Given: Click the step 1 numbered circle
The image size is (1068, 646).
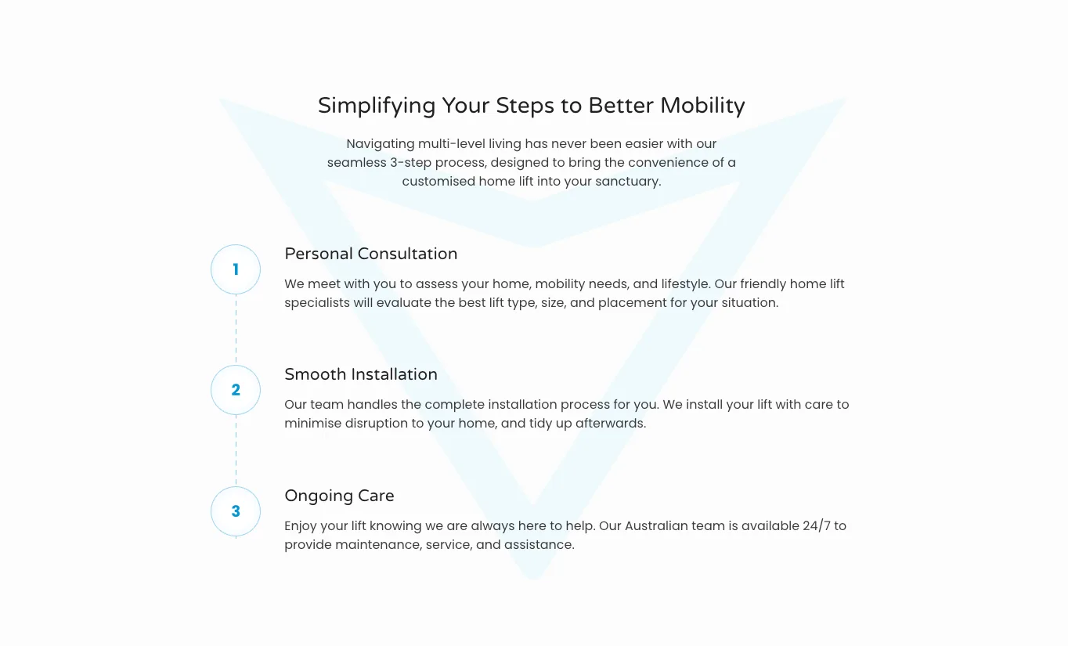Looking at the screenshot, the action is (236, 269).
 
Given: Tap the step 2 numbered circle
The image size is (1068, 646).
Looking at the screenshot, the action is (236, 390).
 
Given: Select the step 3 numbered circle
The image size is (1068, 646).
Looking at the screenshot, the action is (236, 511).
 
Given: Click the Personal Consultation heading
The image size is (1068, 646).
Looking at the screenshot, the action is (371, 254).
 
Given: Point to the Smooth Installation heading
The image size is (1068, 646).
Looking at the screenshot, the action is (361, 375).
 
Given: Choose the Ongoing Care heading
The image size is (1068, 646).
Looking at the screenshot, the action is (340, 496).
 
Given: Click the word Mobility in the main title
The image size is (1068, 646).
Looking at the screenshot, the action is (702, 106).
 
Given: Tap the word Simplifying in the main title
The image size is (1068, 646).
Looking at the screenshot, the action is (377, 106).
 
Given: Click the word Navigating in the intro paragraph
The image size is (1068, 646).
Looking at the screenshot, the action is (381, 144).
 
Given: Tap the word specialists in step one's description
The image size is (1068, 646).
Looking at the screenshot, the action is (317, 303).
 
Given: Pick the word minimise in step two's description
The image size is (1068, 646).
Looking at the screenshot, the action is (312, 424).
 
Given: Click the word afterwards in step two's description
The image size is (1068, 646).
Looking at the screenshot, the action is (611, 424).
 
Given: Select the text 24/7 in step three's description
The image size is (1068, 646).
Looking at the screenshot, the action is (816, 526).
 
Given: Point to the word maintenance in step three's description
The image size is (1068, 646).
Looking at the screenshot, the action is (378, 545).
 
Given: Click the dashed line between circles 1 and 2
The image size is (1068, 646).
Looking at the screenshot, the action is (236, 330).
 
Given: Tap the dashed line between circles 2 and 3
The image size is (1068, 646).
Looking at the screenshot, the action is (236, 450).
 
